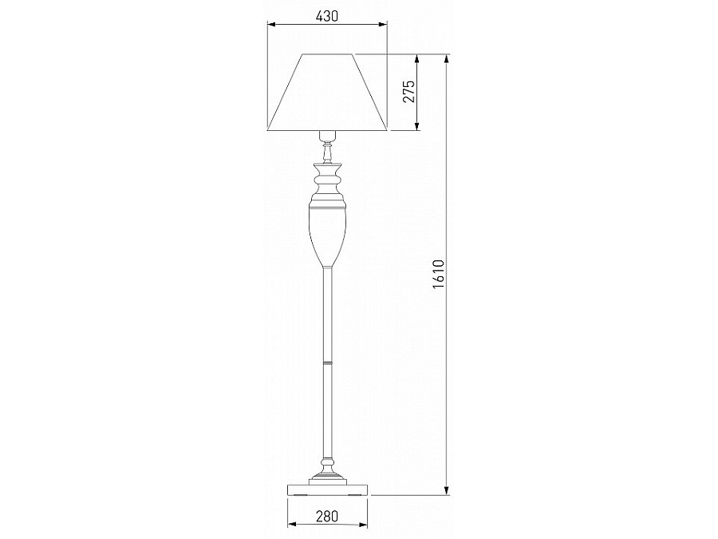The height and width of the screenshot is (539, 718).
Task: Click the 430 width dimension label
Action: click(327, 16)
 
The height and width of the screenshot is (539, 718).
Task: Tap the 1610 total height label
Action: click(438, 274)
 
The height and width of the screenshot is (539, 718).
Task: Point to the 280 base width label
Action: click(327, 516)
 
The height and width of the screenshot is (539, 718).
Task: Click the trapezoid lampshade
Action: click(327, 92)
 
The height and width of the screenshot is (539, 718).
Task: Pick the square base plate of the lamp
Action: click(327, 489)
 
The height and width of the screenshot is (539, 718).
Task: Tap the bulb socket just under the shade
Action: click(327, 136)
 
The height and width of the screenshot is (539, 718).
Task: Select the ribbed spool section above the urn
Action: click(327, 181)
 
